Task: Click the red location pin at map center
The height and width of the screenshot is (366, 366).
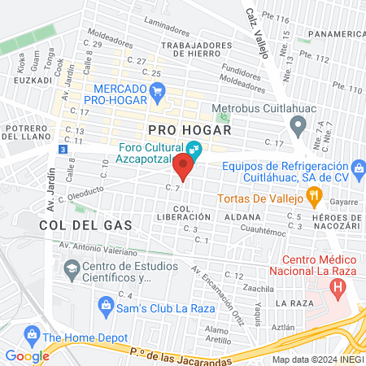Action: click(x=183, y=168)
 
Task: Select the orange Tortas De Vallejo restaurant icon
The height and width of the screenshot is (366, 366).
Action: click(x=313, y=196)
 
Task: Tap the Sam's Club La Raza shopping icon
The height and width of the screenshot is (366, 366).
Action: click(x=105, y=305)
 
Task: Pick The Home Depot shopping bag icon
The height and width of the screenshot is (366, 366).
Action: click(x=32, y=334)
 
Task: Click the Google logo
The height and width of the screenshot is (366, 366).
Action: click(x=27, y=355)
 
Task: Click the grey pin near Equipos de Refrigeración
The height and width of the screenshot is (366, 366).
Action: click(x=298, y=125)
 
